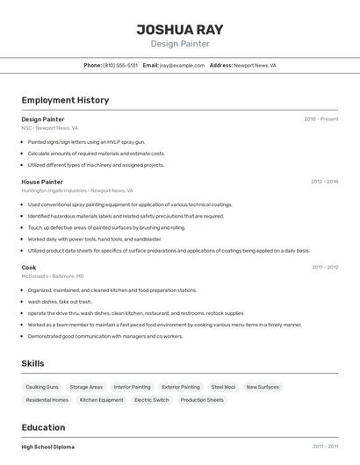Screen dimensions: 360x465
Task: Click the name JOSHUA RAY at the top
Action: [x=180, y=29]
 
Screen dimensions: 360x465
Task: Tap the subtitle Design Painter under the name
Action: [x=180, y=44]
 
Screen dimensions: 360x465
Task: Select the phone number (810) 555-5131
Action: [x=120, y=65]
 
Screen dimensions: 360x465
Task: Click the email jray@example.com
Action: [x=183, y=65]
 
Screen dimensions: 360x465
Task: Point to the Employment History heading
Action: [x=65, y=100]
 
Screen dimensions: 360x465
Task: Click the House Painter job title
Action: [x=42, y=182]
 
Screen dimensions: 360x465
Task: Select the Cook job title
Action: [x=29, y=267]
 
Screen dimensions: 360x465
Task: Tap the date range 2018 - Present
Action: [x=320, y=119]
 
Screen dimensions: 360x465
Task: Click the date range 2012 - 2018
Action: [x=324, y=182]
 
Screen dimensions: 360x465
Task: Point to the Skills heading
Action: [x=33, y=363]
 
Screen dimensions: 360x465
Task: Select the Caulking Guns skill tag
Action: [x=42, y=387]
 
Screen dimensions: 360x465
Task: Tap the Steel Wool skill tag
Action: [x=223, y=387]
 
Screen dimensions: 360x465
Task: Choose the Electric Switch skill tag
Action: [x=151, y=400]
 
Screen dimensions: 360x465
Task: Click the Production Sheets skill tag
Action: [x=202, y=400]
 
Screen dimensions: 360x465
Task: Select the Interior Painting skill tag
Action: [x=132, y=387]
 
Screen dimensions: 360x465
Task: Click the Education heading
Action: [x=45, y=427]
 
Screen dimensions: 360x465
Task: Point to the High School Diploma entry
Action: [x=48, y=447]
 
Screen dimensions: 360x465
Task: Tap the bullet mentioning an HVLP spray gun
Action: [x=86, y=141]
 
